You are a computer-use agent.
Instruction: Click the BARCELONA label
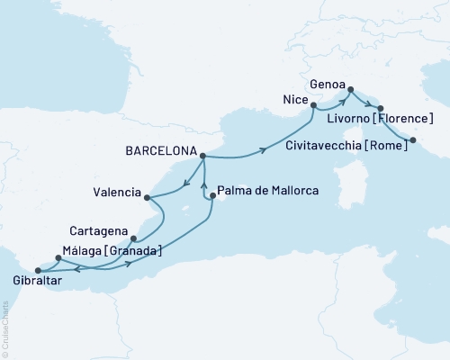click(164, 155)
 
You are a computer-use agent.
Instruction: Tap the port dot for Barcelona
click(202, 156)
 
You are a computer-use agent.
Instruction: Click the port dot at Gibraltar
click(37, 269)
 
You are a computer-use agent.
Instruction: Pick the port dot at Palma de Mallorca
click(212, 196)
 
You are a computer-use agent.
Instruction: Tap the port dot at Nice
click(313, 105)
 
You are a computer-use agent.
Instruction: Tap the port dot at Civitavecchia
click(413, 139)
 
